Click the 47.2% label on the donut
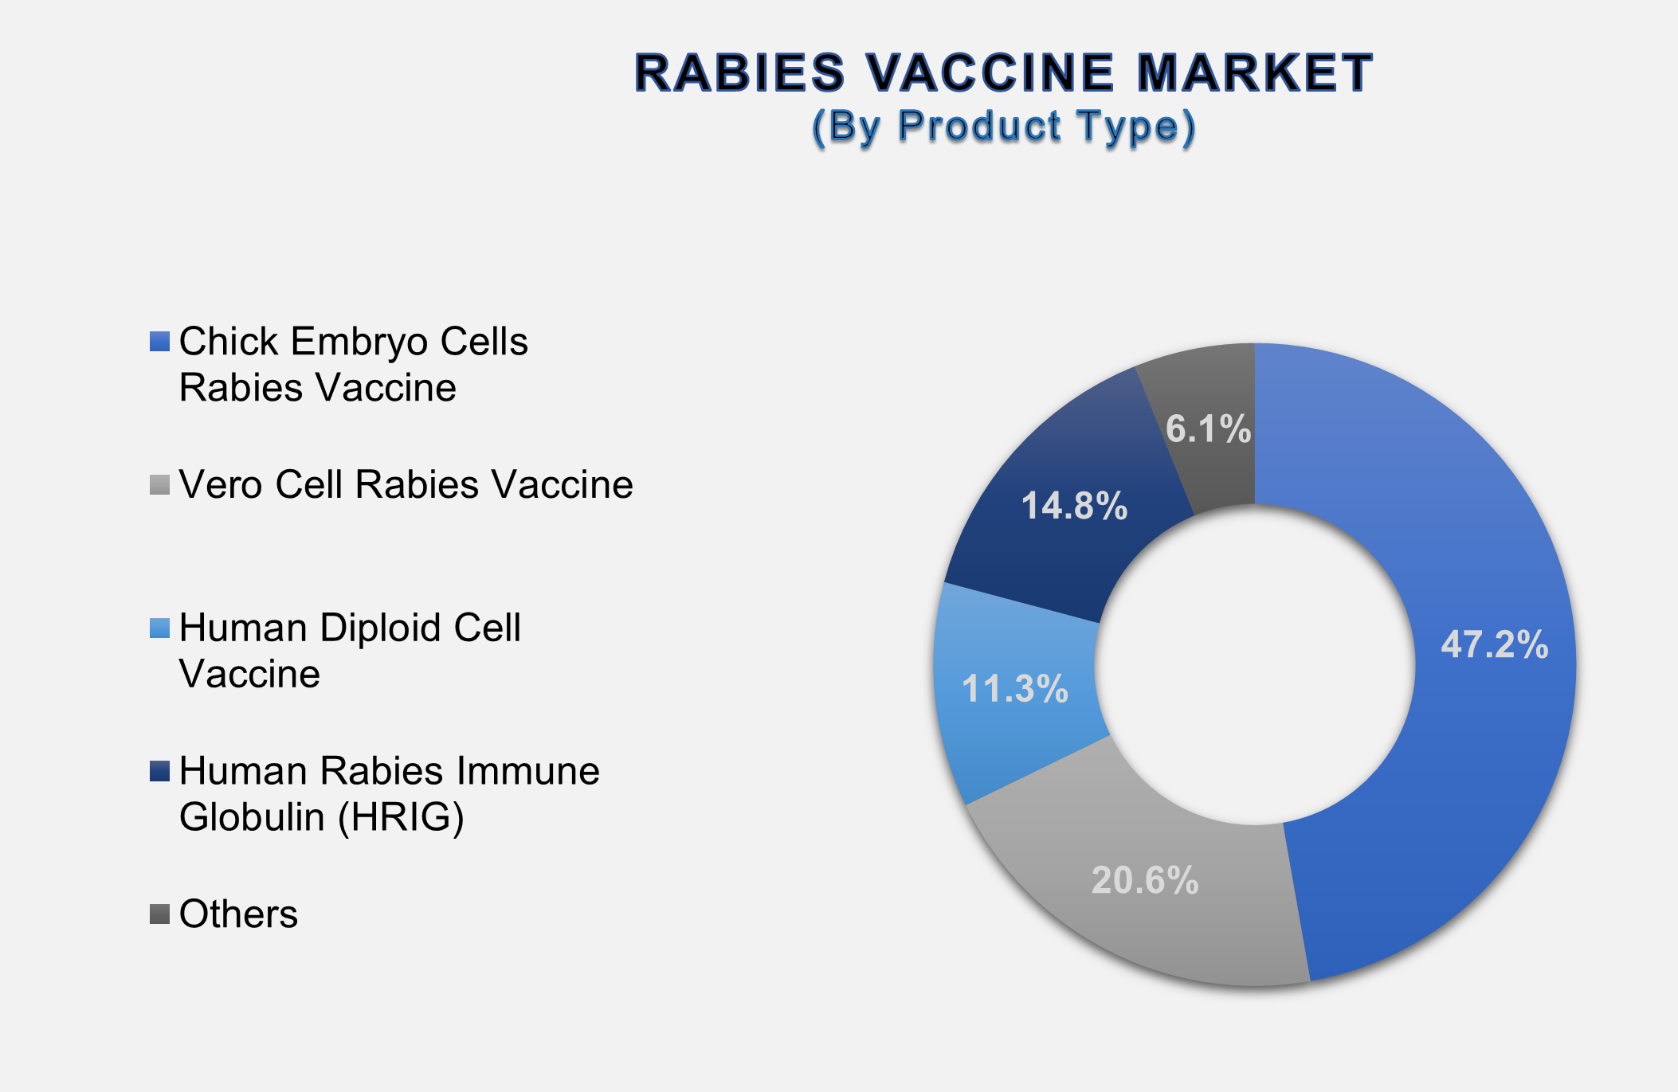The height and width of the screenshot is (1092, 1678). [1494, 644]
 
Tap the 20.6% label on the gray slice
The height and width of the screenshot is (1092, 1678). [1145, 880]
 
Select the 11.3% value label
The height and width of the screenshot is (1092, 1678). [1014, 689]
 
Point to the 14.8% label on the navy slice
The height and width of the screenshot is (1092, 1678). [1074, 506]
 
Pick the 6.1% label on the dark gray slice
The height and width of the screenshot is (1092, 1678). [1208, 429]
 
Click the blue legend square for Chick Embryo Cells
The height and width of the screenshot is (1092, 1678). [159, 342]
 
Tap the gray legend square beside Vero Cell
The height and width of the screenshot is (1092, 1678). [159, 485]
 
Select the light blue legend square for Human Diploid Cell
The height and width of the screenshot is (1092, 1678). [159, 628]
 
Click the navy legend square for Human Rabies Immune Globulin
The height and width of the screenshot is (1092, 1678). [159, 772]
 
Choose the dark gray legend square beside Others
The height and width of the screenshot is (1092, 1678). [159, 914]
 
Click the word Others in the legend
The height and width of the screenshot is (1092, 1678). [238, 914]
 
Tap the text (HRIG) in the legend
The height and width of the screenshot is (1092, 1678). [401, 817]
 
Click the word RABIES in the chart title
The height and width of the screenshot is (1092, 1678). [739, 73]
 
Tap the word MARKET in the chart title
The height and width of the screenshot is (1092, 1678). [1254, 73]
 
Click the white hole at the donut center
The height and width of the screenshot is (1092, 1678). [1254, 664]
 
